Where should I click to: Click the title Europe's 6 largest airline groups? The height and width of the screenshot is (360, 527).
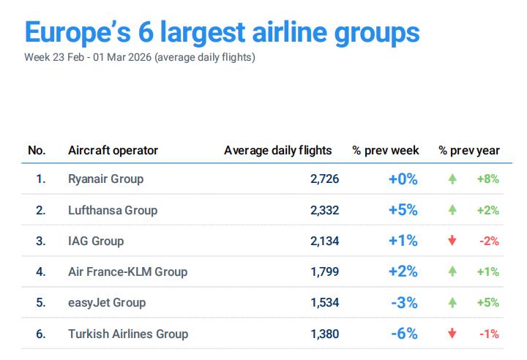pyautogui.click(x=222, y=32)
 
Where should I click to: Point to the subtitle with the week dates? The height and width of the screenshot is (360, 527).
pyautogui.click(x=140, y=57)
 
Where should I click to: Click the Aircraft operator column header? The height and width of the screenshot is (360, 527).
pyautogui.click(x=113, y=151)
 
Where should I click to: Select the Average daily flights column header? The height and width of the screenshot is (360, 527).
pyautogui.click(x=277, y=151)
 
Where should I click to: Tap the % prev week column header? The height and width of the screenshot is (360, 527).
pyautogui.click(x=386, y=151)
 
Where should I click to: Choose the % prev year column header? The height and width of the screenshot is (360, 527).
pyautogui.click(x=469, y=151)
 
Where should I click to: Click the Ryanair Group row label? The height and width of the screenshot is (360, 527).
pyautogui.click(x=105, y=179)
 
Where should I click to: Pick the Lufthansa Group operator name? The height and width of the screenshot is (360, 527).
pyautogui.click(x=112, y=210)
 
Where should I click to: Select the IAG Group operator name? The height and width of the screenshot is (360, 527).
pyautogui.click(x=96, y=241)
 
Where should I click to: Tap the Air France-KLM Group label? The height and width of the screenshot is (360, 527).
pyautogui.click(x=127, y=271)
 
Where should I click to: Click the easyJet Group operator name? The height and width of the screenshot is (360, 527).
pyautogui.click(x=106, y=302)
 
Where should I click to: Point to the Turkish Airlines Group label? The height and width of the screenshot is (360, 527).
pyautogui.click(x=128, y=334)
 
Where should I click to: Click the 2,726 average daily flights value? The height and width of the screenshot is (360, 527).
pyautogui.click(x=324, y=179)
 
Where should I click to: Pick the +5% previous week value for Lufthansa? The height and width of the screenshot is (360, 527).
pyautogui.click(x=403, y=210)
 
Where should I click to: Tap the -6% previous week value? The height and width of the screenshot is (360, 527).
pyautogui.click(x=404, y=334)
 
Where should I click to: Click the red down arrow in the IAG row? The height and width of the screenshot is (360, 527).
pyautogui.click(x=452, y=241)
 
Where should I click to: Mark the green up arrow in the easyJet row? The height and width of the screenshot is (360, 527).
pyautogui.click(x=452, y=302)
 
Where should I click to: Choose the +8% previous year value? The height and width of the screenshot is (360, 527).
pyautogui.click(x=487, y=179)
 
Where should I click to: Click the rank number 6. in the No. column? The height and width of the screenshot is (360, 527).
pyautogui.click(x=41, y=334)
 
